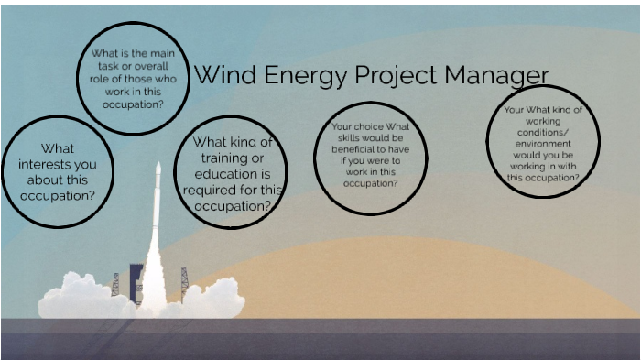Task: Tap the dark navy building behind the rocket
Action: point(136,279)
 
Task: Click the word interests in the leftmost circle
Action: point(57,164)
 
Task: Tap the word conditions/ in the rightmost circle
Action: point(542,133)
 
